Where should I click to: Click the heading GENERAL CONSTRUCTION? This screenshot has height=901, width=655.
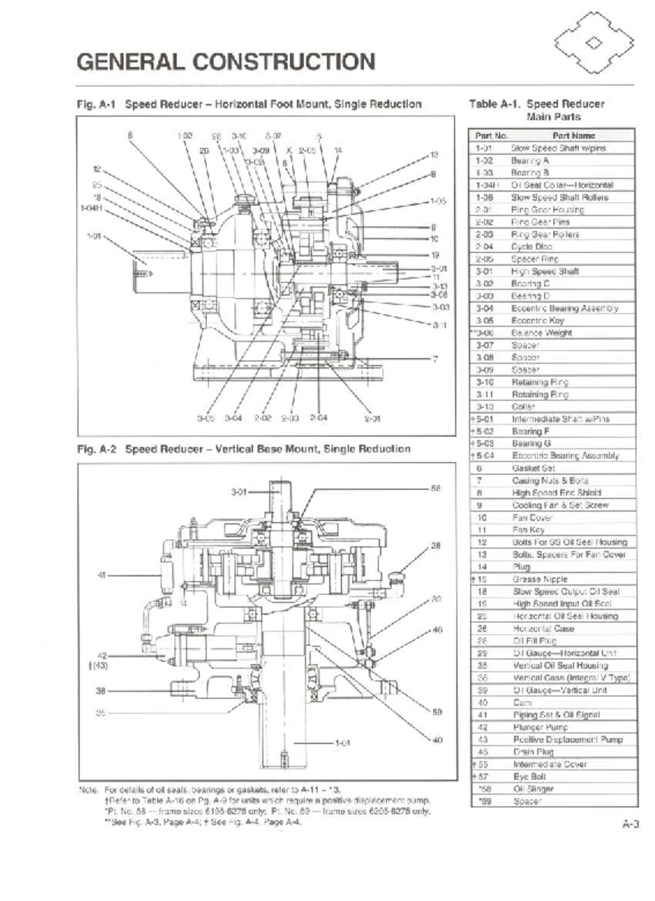point(226,61)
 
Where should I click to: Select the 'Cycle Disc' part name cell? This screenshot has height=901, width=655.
point(524,247)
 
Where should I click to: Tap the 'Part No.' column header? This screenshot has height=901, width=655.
point(491,135)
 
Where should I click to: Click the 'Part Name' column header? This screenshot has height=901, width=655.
point(574,135)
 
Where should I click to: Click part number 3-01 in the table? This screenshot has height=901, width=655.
point(484,271)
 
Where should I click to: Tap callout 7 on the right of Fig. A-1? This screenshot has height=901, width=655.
point(435,359)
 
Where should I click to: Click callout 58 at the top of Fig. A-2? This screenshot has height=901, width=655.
point(436,488)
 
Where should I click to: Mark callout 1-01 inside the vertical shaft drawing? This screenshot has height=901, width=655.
point(342,743)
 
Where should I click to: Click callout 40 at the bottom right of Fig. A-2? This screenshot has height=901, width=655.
point(437,741)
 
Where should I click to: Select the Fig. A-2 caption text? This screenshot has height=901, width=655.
point(243,449)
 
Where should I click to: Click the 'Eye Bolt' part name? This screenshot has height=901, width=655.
point(529,776)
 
